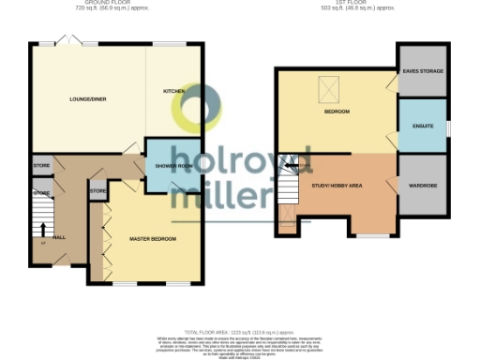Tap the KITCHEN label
(174, 91)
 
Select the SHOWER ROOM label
(173, 166)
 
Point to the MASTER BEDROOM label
(152, 239)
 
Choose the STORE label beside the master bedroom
(98, 191)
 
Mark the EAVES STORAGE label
(423, 71)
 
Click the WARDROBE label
(423, 185)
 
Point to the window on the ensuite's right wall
(447, 127)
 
